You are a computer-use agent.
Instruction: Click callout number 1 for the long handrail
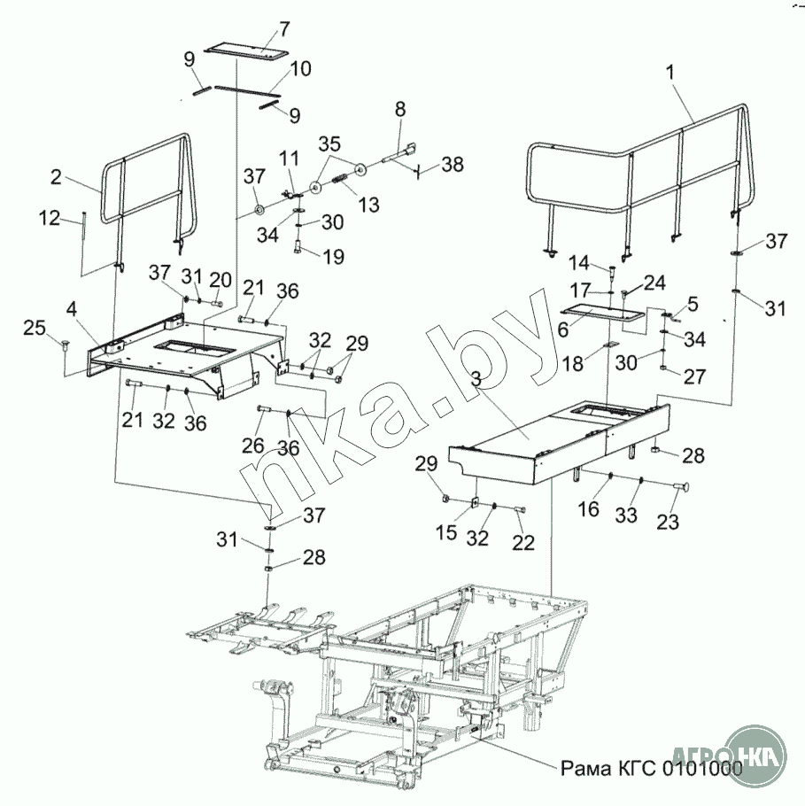pos(670,73)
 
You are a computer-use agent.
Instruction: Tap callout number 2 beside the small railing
pos(56,177)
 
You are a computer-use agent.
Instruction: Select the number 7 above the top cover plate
pos(284,30)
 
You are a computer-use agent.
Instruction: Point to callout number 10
pos(301,68)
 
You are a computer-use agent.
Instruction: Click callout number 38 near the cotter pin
pos(453,165)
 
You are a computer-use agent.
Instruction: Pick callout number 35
pos(329,144)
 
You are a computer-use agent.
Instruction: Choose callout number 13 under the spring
pos(368,205)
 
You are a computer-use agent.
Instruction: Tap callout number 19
pos(334,257)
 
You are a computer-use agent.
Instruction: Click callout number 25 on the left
pos(35,328)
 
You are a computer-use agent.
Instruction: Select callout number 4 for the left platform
pos(72,309)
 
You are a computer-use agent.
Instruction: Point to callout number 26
pos(253,446)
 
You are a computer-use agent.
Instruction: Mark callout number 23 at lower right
pos(668,522)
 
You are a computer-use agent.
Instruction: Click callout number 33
pos(626,515)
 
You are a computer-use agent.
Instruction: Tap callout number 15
pos(446,532)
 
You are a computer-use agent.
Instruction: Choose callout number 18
pos(573,364)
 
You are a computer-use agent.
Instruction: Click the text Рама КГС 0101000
pos(651,769)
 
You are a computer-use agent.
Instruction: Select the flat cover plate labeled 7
pos(245,50)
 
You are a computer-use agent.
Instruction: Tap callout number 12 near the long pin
pos(50,218)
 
